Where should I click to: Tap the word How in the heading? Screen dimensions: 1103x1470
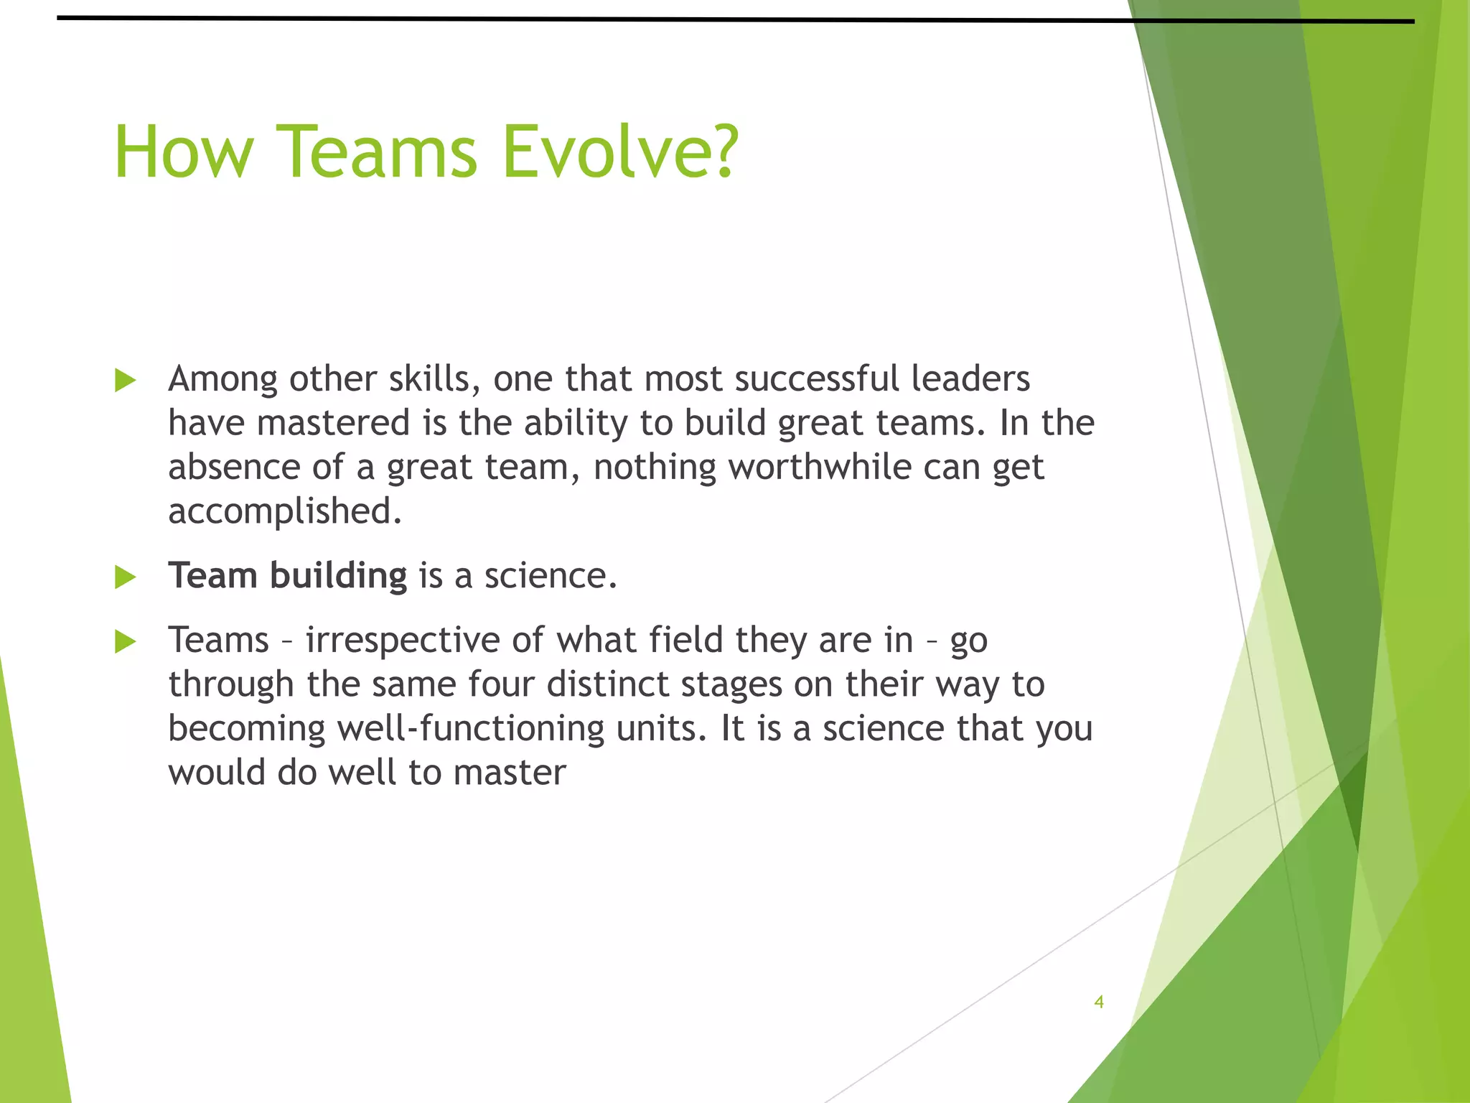tap(184, 152)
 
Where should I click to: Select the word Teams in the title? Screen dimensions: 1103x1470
tap(377, 152)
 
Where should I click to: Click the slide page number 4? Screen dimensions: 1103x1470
tap(1098, 1002)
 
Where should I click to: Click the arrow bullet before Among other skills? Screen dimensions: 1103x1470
tap(125, 381)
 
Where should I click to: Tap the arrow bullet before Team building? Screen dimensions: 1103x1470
tap(125, 577)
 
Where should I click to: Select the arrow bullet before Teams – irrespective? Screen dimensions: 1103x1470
tap(125, 641)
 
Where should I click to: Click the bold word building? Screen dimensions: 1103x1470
tap(338, 576)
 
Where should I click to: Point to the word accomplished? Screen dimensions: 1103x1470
tap(284, 511)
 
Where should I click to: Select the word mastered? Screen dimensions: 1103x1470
tap(333, 423)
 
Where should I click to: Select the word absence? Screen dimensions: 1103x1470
tap(234, 467)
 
